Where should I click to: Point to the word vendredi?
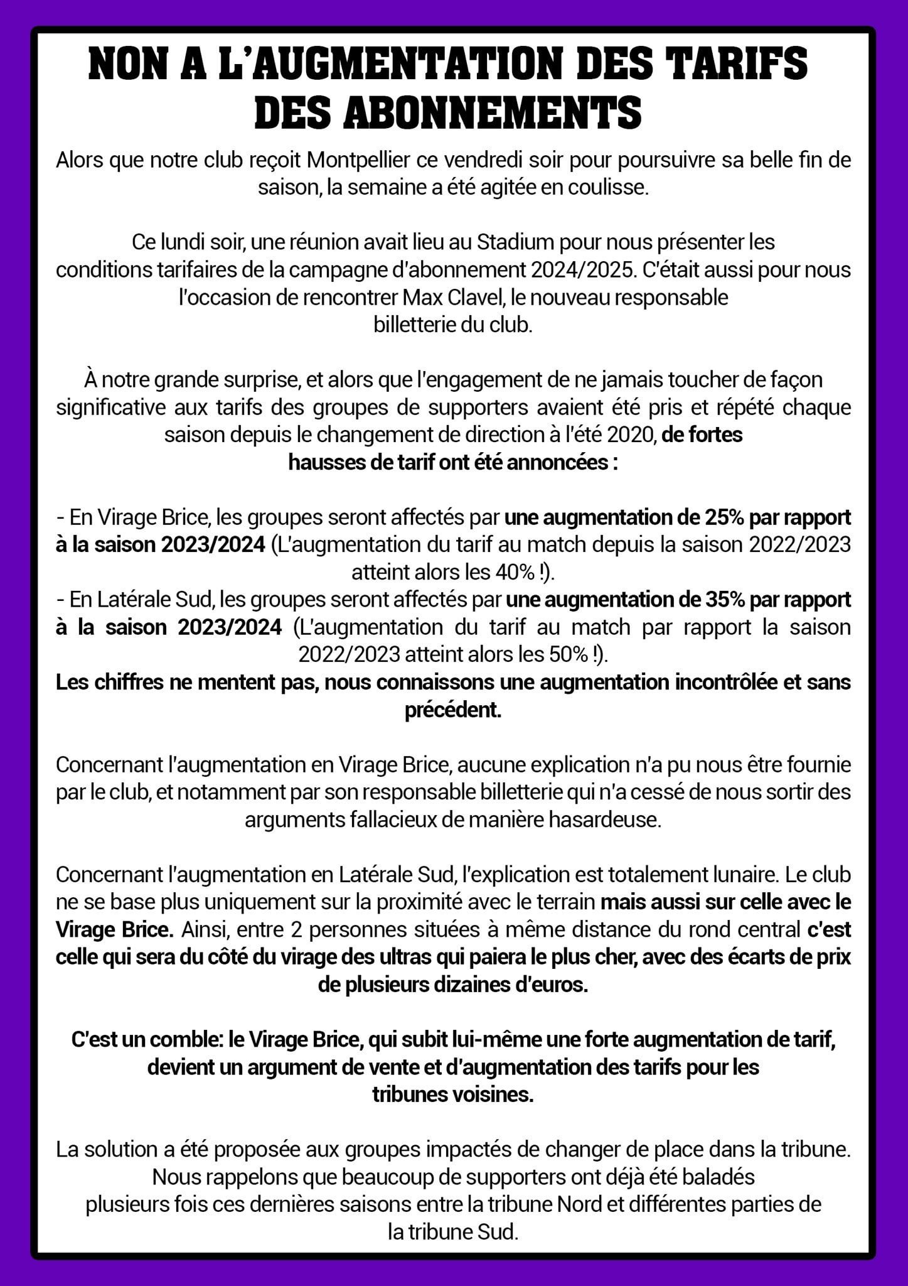(483, 160)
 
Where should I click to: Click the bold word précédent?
(453, 710)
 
